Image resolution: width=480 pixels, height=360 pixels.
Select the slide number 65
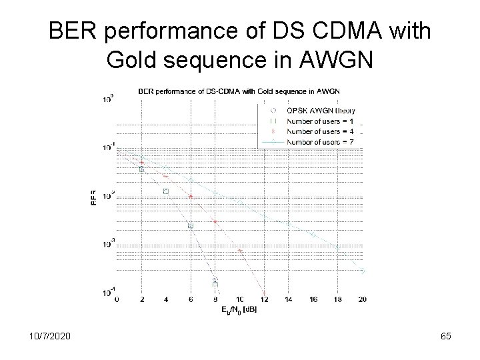[x=446, y=336]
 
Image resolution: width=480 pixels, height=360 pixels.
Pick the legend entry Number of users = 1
[x=320, y=121]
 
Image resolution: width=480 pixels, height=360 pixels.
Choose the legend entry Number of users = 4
[x=320, y=131]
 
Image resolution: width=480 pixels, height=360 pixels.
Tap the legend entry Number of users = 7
[x=320, y=141]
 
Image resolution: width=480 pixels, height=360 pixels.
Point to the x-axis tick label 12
[x=264, y=299]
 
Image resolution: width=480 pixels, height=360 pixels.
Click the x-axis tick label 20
[x=362, y=299]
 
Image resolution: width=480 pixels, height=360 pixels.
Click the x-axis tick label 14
[x=289, y=299]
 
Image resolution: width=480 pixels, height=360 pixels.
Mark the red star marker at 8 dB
[x=215, y=221]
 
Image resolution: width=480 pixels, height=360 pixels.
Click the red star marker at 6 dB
[x=191, y=197]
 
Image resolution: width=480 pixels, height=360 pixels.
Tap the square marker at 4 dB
[x=166, y=191]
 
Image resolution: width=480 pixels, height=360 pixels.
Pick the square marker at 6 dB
[x=191, y=226]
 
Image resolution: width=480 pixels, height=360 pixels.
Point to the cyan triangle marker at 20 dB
[x=363, y=271]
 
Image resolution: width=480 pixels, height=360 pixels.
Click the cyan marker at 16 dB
[x=313, y=235]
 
